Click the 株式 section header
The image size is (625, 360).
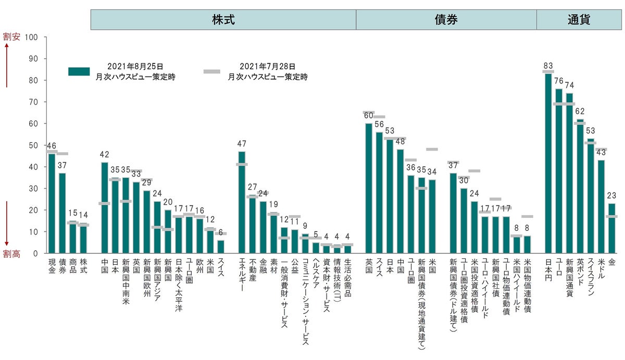223,20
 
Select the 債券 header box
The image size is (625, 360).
446,20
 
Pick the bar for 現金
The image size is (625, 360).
52,203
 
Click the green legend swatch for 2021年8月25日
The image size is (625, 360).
79,71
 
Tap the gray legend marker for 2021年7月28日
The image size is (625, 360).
211,71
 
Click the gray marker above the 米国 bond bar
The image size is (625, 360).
432,150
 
